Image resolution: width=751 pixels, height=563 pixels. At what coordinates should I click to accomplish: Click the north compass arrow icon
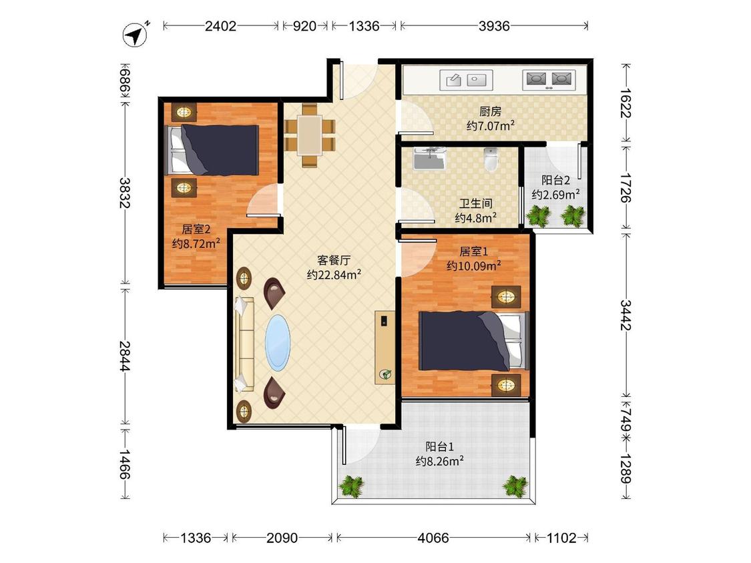click(x=136, y=35)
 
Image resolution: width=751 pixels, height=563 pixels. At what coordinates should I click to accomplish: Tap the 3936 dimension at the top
click(x=494, y=26)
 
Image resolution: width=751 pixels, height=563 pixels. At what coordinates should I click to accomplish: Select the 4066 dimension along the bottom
click(x=433, y=538)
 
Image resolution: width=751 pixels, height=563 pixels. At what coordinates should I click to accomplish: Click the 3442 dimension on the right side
click(x=625, y=315)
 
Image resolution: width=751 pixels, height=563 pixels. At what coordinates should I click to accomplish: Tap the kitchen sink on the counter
click(x=465, y=80)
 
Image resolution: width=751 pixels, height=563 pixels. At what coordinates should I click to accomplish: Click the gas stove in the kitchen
click(x=549, y=80)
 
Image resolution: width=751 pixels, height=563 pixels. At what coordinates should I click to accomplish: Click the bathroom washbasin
click(x=430, y=159)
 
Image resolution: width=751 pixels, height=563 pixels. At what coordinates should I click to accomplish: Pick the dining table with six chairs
click(x=309, y=135)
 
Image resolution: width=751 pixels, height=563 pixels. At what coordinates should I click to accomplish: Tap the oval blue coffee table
click(x=278, y=342)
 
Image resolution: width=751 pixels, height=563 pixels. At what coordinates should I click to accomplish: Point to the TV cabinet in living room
click(x=385, y=348)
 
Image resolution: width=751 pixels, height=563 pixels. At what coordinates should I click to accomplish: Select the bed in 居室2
click(x=212, y=150)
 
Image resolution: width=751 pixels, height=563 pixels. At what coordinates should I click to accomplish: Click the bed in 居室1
click(x=474, y=341)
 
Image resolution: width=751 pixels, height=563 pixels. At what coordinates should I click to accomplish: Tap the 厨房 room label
click(x=491, y=111)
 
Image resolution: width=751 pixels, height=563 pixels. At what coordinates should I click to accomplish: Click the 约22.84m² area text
click(x=334, y=275)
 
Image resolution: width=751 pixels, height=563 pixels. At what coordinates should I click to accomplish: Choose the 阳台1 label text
click(x=440, y=447)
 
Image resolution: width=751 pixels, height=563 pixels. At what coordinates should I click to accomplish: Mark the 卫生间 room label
click(x=475, y=203)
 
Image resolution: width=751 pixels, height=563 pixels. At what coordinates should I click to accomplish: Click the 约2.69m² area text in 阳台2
click(x=555, y=195)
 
